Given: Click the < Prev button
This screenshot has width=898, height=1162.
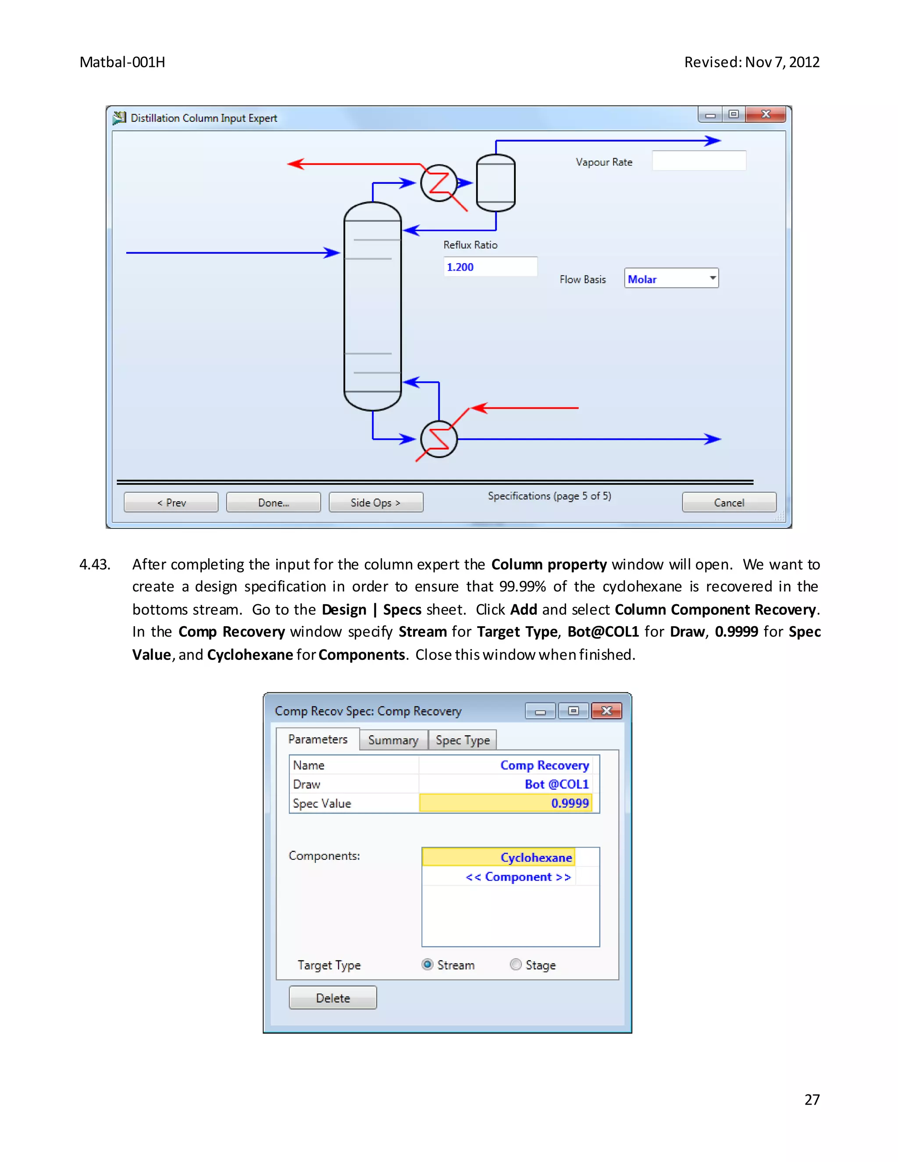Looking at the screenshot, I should pos(171,502).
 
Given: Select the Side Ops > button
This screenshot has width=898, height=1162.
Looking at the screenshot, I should pos(376,502).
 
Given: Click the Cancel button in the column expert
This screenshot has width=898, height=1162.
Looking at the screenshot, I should pos(728,502).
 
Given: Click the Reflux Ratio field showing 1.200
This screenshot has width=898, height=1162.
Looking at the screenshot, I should pos(490,267).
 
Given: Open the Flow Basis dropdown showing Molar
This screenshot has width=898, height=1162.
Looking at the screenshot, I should pos(671,279).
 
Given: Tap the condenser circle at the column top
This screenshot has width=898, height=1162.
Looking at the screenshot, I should pos(439,183).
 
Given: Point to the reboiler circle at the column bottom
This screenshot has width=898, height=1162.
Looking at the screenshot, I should pos(439,439).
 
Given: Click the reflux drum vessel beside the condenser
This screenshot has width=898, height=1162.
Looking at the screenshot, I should pos(495,183).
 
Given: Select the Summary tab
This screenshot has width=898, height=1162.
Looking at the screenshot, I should pos(393,740).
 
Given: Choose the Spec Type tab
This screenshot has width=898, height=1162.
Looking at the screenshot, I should pos(462,740).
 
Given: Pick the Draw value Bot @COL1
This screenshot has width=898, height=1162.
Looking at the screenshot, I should pos(556,784).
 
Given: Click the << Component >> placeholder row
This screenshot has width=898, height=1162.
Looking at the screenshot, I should pos(518,877).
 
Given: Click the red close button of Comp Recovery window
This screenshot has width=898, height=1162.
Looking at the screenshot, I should pos(606,711).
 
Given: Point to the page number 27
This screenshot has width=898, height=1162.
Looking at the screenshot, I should pos(811,1100).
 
